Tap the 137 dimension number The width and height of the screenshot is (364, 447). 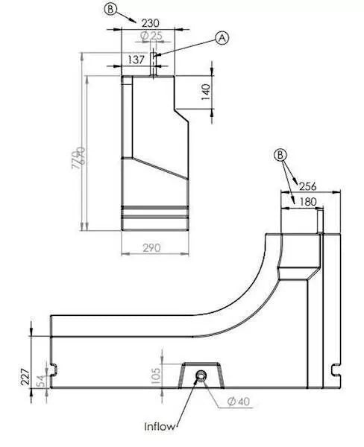(136, 59)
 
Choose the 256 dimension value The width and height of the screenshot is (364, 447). (308, 186)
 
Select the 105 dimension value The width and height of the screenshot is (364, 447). (155, 372)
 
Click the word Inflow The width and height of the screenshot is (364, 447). (161, 427)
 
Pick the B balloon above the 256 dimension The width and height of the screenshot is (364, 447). (280, 155)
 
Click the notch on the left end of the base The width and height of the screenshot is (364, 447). (54, 367)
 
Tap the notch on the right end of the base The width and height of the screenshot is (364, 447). (336, 367)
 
